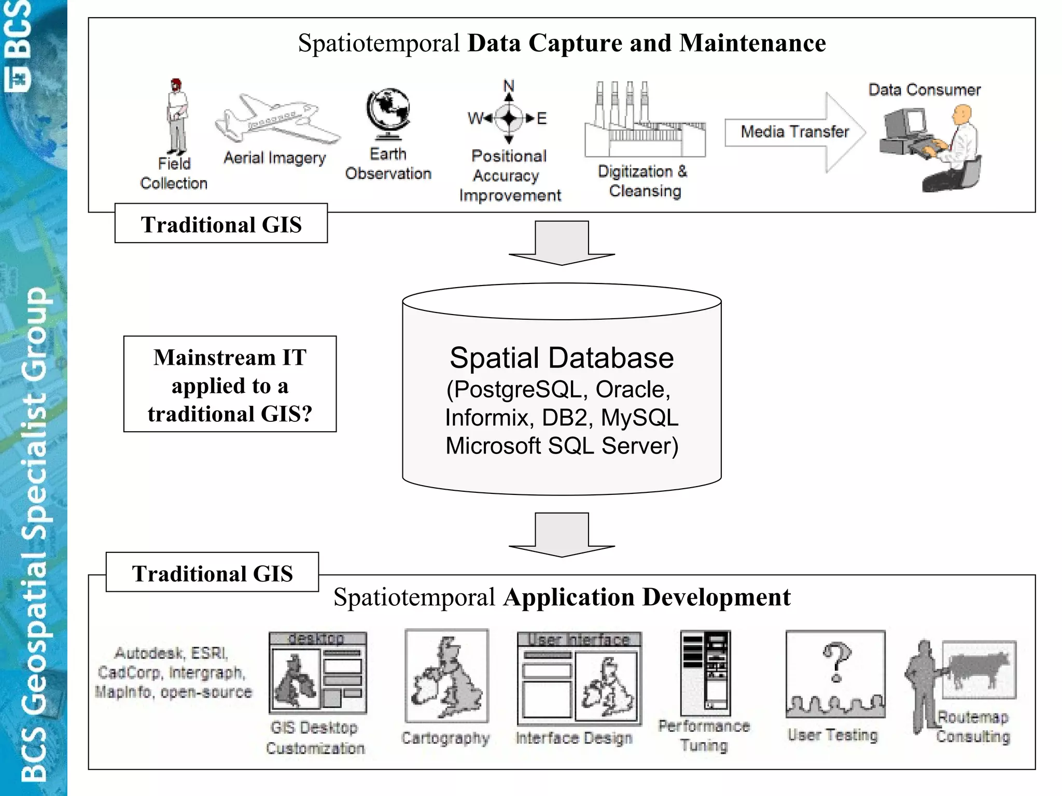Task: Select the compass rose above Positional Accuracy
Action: click(x=509, y=118)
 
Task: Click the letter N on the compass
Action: click(x=509, y=86)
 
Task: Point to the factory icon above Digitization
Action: click(x=645, y=122)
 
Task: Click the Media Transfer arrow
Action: click(x=794, y=132)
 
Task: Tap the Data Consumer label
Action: click(x=924, y=90)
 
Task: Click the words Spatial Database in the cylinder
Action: click(x=562, y=358)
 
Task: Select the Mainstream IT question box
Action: click(x=230, y=384)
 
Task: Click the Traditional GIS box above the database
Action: click(x=221, y=224)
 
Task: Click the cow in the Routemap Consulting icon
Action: click(x=977, y=669)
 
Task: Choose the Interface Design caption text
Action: click(x=574, y=738)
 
